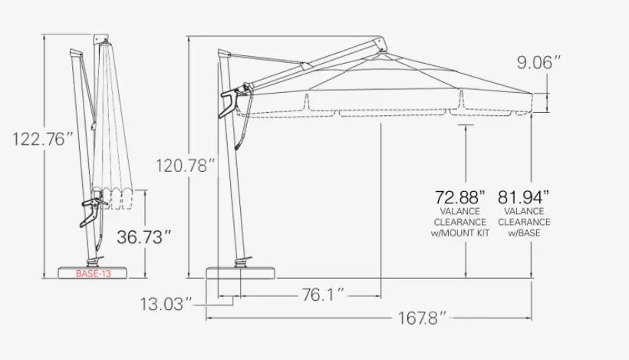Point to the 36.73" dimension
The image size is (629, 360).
[141, 237]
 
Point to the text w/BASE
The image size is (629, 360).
[523, 232]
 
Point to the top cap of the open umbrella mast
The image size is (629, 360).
[224, 51]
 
